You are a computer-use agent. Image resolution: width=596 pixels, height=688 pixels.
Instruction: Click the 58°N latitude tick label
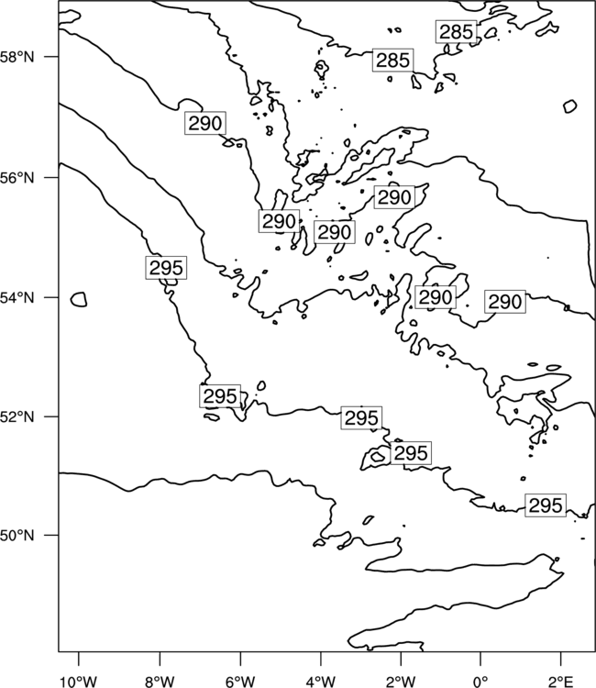pyautogui.click(x=17, y=57)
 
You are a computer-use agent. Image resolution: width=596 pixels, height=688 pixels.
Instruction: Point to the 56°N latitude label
pyautogui.click(x=17, y=178)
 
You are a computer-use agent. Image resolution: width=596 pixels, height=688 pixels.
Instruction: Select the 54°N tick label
pyautogui.click(x=17, y=298)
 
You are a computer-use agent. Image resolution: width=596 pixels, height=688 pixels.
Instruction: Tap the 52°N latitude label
pyautogui.click(x=17, y=416)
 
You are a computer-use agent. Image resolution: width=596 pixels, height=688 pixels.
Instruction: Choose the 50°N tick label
pyautogui.click(x=17, y=536)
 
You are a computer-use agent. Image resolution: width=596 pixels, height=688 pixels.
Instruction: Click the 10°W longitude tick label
pyautogui.click(x=79, y=682)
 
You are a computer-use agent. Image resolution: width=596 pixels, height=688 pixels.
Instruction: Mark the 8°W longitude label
pyautogui.click(x=160, y=682)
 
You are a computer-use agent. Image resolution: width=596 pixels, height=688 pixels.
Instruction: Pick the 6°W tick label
pyautogui.click(x=240, y=682)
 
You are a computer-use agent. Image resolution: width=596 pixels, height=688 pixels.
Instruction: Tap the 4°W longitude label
pyautogui.click(x=320, y=682)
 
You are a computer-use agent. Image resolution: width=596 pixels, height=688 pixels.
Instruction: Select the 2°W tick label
pyautogui.click(x=401, y=682)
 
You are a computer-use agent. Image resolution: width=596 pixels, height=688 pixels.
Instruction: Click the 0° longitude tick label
pyautogui.click(x=480, y=682)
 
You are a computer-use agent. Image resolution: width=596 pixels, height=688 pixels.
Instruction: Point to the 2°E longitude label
pyautogui.click(x=561, y=682)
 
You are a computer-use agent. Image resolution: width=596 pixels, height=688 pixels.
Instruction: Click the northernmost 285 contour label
pyautogui.click(x=456, y=32)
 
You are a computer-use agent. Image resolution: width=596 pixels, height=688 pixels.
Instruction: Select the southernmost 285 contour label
pyautogui.click(x=393, y=61)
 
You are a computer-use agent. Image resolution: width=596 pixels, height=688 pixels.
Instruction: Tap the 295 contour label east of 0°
pyautogui.click(x=546, y=505)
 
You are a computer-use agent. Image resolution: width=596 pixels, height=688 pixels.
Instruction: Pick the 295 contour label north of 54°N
pyautogui.click(x=166, y=268)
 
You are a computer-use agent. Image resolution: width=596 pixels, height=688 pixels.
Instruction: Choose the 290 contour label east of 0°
pyautogui.click(x=505, y=302)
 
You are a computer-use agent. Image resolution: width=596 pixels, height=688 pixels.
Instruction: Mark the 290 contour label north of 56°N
pyautogui.click(x=205, y=123)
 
